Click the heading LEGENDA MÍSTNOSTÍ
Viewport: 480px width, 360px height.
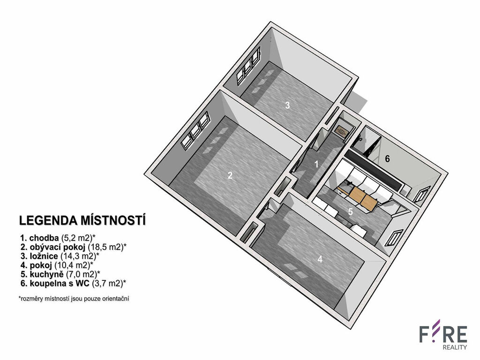click(x=82, y=221)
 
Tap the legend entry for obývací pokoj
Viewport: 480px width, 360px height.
click(x=74, y=247)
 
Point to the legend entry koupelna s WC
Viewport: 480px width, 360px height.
click(x=73, y=283)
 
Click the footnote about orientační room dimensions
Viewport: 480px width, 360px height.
click(x=74, y=299)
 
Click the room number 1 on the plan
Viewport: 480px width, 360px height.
click(x=316, y=165)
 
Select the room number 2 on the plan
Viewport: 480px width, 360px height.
click(x=230, y=175)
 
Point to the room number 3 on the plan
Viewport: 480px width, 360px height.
click(x=287, y=105)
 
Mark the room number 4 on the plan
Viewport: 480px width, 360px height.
click(x=320, y=259)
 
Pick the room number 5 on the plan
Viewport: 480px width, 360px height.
click(x=351, y=211)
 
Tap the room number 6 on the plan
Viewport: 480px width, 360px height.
click(x=387, y=159)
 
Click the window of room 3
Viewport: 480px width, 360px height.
click(x=248, y=67)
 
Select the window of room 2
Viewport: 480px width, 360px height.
click(x=195, y=131)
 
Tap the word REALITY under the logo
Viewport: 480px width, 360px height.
click(x=455, y=347)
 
